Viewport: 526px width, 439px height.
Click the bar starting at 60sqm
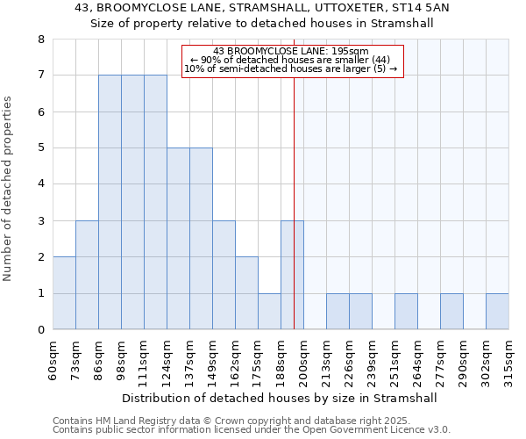tap(64, 293)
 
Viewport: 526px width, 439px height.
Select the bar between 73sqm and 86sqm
tap(87, 275)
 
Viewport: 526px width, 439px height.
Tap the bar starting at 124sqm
tap(178, 239)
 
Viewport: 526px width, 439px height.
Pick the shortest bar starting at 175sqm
tap(269, 312)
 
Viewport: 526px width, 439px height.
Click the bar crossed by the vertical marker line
tap(292, 275)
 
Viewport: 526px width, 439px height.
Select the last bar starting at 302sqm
tap(497, 312)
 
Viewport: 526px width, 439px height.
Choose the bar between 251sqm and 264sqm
tap(406, 312)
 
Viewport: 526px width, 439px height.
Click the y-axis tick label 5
tap(40, 148)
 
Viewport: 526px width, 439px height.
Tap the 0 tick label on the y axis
tap(40, 330)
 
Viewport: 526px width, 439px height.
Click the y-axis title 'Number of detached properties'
tap(10, 189)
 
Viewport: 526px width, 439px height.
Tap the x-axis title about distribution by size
tap(279, 398)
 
